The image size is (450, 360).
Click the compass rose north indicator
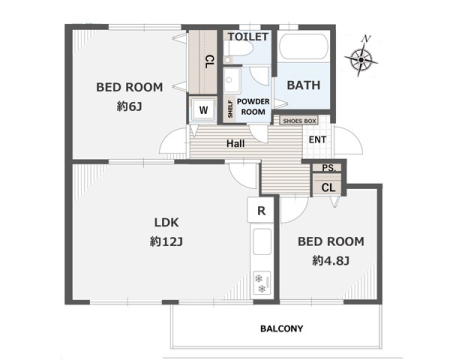tap(361, 57)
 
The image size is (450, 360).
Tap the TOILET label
tap(248, 37)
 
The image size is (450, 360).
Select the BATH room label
tap(303, 85)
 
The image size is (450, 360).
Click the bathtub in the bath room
tap(303, 47)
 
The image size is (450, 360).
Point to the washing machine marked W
tap(203, 110)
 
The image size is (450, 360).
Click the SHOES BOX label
tap(299, 121)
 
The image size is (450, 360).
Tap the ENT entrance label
tap(317, 140)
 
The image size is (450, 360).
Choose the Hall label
tap(235, 144)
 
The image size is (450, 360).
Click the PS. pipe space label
tap(329, 168)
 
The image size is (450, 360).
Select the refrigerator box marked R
tap(261, 210)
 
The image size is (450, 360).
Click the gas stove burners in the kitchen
tap(262, 283)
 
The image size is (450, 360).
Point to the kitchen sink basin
tap(262, 242)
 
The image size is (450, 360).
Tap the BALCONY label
tap(282, 329)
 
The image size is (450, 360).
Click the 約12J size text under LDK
tap(166, 241)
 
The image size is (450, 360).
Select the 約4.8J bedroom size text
tap(331, 260)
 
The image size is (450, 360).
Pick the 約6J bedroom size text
tap(129, 107)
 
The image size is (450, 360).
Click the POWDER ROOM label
tap(253, 107)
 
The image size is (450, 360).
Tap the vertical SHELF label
tap(230, 109)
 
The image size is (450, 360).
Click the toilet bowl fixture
tap(239, 52)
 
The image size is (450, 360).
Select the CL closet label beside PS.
tap(328, 188)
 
